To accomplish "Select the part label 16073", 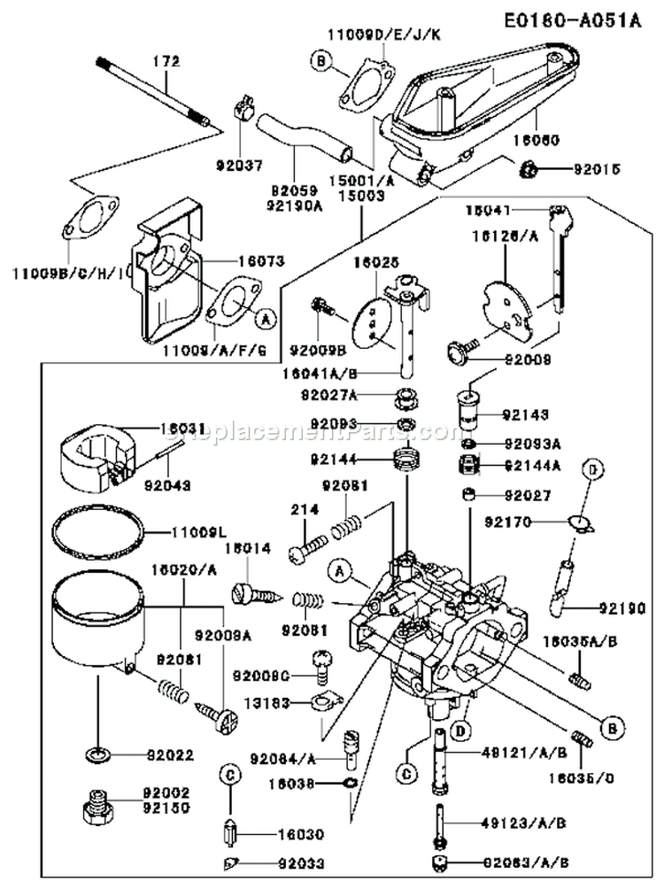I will point(260,261).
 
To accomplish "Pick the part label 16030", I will point(275,834).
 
